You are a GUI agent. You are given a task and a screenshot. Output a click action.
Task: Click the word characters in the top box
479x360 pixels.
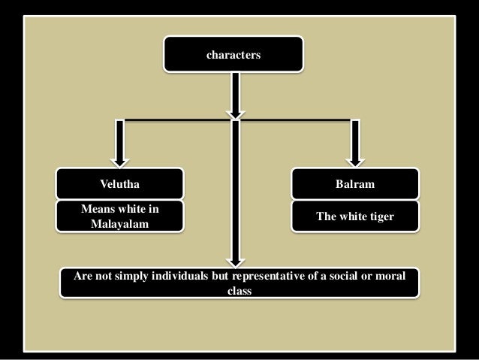pos(233,54)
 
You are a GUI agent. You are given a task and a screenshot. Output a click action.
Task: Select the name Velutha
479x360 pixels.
pos(120,183)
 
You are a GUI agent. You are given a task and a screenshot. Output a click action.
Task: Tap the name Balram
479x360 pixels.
pos(355,183)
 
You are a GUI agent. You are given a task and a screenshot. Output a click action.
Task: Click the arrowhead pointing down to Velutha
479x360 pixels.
pos(119,159)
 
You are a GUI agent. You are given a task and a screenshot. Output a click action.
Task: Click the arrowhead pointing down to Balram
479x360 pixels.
pos(355,159)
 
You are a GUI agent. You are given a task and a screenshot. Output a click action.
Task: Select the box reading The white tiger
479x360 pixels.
pos(355,216)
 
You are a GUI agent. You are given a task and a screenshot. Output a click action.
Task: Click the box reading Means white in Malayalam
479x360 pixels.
pos(120,216)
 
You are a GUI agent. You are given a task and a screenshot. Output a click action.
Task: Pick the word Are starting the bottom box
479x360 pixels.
pos(81,277)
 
